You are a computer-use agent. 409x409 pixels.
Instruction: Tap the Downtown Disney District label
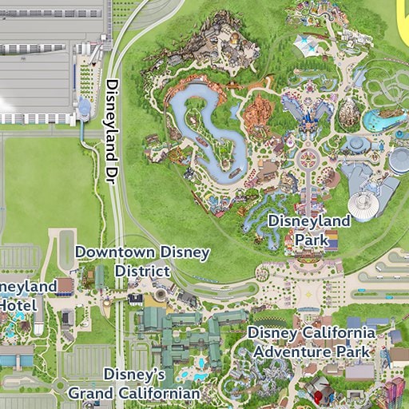coord(142,262)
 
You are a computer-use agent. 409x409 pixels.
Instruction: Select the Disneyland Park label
coord(309,229)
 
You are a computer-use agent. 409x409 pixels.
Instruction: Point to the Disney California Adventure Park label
coord(311,342)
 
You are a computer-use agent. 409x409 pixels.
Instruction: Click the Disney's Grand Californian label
coord(133,384)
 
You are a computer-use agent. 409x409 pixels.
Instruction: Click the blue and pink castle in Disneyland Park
coord(307,111)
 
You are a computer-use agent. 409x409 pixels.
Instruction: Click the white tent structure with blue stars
coord(308,43)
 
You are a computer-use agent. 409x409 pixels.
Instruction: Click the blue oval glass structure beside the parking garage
coord(85,108)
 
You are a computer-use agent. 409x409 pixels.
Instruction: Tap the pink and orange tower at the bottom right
coord(394,392)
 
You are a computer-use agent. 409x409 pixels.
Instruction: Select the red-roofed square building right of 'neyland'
coord(65,284)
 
